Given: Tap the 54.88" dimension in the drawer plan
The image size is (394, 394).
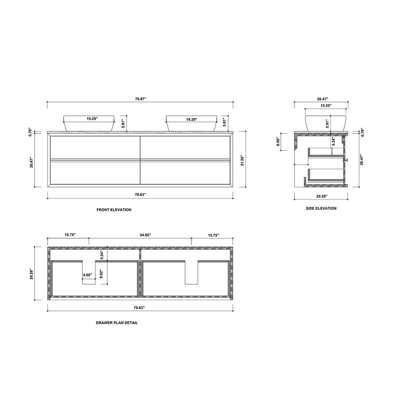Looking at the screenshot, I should pos(139,235).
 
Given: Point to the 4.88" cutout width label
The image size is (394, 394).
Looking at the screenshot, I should pos(87,275).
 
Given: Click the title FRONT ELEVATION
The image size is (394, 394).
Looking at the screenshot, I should pos(114,210).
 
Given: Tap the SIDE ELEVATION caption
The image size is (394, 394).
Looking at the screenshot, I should pos(321,208).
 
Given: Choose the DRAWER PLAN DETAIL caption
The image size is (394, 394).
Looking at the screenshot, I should pos(117,323).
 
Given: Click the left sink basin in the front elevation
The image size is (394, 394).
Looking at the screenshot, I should pos(89,124).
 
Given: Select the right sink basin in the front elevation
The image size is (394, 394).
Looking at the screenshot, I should pos(192,124).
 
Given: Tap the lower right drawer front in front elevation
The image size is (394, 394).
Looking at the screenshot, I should pos(185,172).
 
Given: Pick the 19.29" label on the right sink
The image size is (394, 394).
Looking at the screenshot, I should pos(193,119).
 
